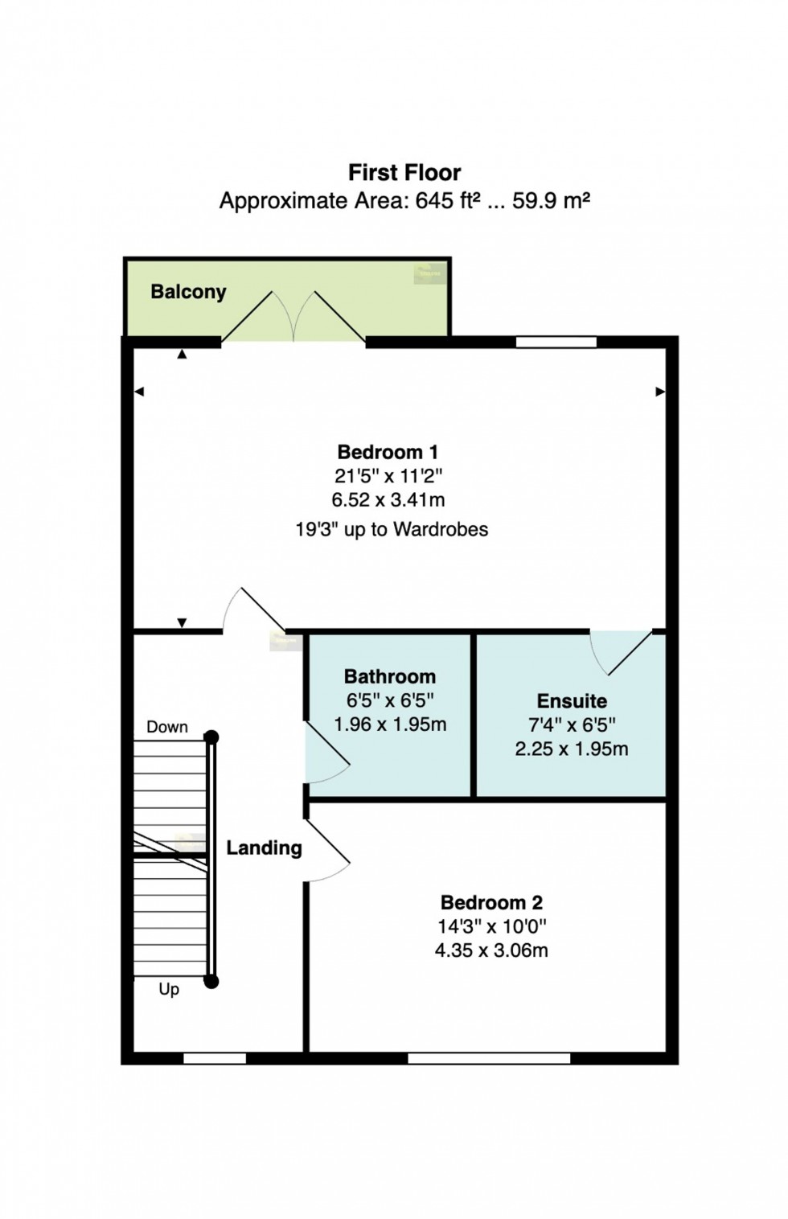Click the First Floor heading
point(404,173)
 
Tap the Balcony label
point(188,292)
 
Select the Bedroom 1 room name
point(388,452)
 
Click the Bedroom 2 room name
point(491,903)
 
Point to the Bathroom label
point(390,676)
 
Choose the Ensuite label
point(572,701)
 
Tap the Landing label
point(264,848)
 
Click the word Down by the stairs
point(167,727)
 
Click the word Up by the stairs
point(169,989)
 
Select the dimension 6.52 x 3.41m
point(388,499)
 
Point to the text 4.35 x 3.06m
point(491,950)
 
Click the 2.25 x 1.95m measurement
point(572,749)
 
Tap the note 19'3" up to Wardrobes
point(392,529)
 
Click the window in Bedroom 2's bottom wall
point(489,1058)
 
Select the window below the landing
point(215,1058)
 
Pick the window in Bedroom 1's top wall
point(556,343)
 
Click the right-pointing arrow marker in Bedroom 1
point(660,392)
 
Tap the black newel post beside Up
point(211,982)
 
